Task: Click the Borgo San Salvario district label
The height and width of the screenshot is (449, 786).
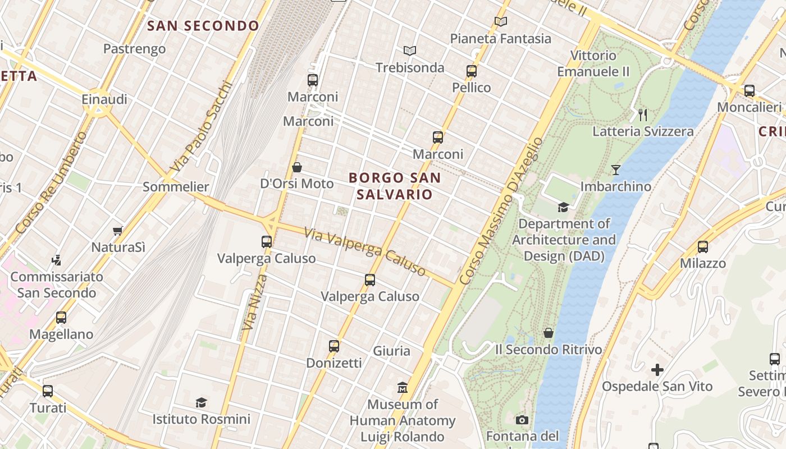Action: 395,186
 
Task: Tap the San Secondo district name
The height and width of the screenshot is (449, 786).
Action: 203,26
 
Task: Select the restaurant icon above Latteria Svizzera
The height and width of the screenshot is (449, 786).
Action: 643,115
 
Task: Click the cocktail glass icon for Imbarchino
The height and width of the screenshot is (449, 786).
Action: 616,169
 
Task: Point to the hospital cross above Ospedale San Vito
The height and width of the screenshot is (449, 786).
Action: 657,370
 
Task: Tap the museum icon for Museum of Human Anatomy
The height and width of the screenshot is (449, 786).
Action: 403,387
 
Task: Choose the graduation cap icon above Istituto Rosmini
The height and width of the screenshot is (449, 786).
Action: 201,402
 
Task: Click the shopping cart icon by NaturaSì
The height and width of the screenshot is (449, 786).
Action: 118,231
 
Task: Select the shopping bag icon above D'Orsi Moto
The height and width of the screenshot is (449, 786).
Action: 297,167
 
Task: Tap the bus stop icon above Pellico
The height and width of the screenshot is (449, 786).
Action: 472,71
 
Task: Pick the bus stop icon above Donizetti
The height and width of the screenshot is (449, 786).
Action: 334,346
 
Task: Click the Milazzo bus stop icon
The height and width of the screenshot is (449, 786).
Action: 702,247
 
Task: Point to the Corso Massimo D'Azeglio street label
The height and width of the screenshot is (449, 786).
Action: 501,211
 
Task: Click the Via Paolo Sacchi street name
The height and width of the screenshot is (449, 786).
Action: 202,127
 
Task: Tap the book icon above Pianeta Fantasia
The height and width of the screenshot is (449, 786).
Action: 501,22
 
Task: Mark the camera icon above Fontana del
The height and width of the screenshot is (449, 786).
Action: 522,420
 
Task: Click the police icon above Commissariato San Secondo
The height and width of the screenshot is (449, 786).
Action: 56,260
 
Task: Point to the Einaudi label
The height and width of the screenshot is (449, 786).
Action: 105,99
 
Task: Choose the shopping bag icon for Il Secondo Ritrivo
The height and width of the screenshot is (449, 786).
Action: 549,333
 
